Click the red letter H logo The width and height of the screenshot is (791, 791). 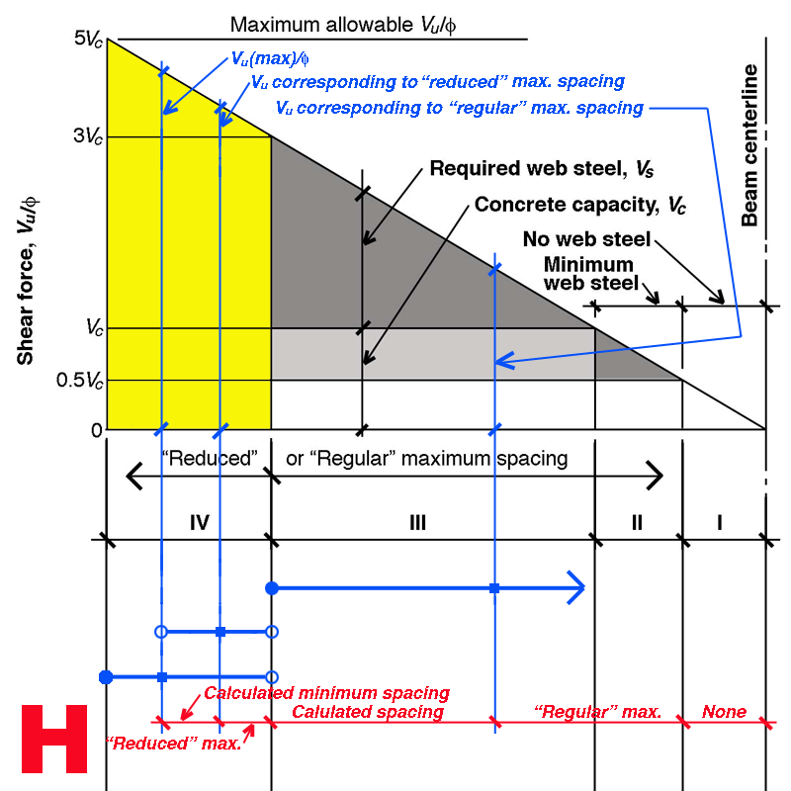pyautogui.click(x=54, y=739)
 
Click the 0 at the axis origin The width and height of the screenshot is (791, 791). pyautogui.click(x=96, y=430)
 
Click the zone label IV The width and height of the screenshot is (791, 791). pyautogui.click(x=199, y=522)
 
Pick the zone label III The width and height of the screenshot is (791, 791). pyautogui.click(x=416, y=522)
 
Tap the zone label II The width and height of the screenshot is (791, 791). pyautogui.click(x=636, y=522)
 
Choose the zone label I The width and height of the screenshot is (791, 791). pyautogui.click(x=719, y=522)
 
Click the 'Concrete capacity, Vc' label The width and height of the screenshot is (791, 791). pyautogui.click(x=580, y=206)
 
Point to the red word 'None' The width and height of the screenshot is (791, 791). pyautogui.click(x=724, y=711)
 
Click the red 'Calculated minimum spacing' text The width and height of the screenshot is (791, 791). pyautogui.click(x=326, y=693)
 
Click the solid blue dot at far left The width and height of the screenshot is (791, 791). pyautogui.click(x=106, y=677)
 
